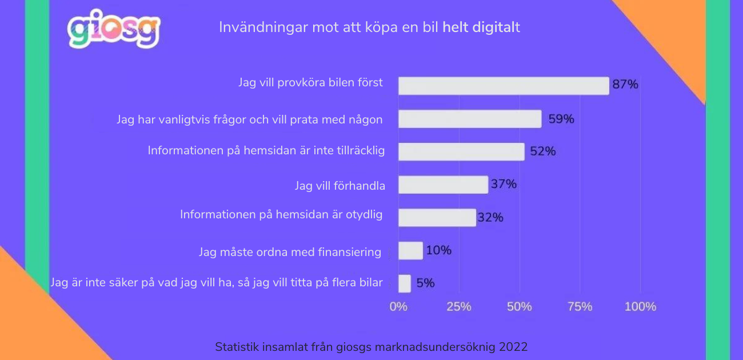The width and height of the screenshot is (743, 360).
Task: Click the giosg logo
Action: [x=113, y=30]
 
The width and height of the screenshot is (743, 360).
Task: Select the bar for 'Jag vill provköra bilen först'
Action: [x=503, y=86]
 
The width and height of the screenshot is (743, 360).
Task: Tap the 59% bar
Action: [x=469, y=119]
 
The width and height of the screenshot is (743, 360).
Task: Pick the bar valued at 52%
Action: [x=461, y=151]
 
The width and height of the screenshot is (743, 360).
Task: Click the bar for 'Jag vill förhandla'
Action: [x=443, y=185]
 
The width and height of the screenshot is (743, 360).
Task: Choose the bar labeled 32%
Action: [x=437, y=218]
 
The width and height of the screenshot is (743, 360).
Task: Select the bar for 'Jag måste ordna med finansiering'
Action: [x=410, y=250]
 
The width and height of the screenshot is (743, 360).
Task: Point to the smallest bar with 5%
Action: [x=405, y=283]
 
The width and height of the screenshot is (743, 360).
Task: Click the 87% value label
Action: [x=625, y=85]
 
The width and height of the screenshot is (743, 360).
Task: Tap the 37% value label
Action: [x=504, y=184]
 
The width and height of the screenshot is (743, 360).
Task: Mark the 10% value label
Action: [x=438, y=250]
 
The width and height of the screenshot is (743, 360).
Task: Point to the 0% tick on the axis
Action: [x=398, y=306]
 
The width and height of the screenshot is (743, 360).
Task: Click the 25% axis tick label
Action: [x=458, y=306]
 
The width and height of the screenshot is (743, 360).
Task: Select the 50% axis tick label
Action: [x=519, y=306]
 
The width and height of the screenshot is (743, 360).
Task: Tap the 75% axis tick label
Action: [x=580, y=306]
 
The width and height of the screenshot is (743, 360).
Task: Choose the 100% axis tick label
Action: [x=640, y=306]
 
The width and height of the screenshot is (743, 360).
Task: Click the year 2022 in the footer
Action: [x=513, y=347]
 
